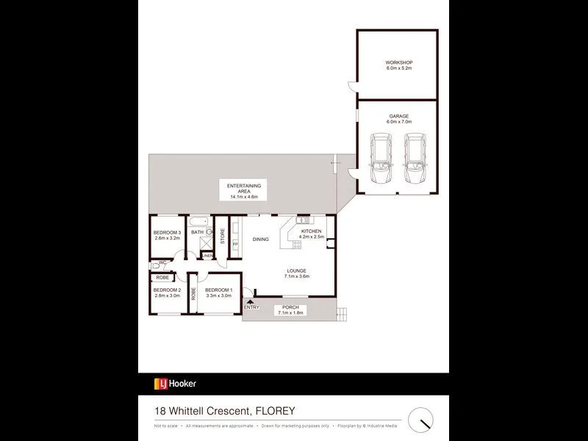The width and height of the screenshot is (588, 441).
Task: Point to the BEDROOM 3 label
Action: pyautogui.click(x=167, y=235)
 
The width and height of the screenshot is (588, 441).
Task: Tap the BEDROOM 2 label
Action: pyautogui.click(x=167, y=293)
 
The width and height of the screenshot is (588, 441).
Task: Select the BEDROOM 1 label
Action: pyautogui.click(x=218, y=293)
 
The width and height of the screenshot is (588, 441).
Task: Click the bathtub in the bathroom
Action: pyautogui.click(x=199, y=222)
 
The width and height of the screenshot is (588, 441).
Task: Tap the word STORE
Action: pyautogui.click(x=221, y=237)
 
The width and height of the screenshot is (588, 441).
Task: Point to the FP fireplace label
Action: pyautogui.click(x=235, y=245)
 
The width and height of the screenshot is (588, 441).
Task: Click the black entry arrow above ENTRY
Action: pyautogui.click(x=251, y=300)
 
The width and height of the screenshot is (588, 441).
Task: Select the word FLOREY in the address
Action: pyautogui.click(x=282, y=411)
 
